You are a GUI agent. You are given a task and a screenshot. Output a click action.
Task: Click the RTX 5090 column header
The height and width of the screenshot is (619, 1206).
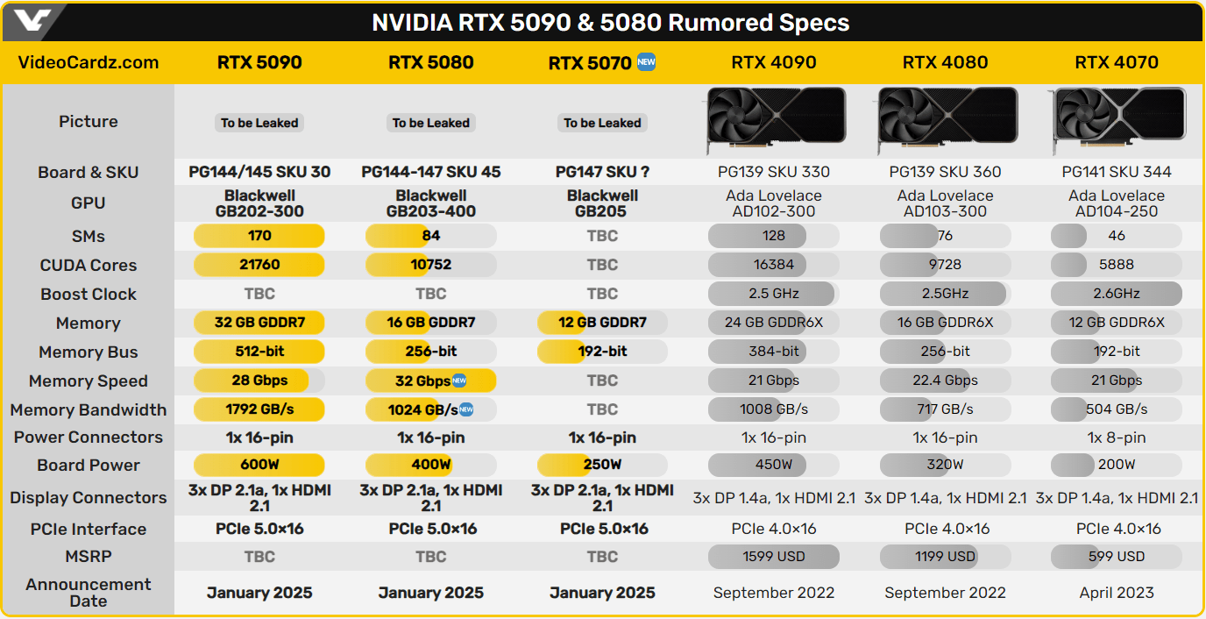259,62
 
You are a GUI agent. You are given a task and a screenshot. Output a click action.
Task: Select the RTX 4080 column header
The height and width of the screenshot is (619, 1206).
945,62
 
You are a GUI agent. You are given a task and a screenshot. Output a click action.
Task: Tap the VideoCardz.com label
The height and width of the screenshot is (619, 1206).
89,62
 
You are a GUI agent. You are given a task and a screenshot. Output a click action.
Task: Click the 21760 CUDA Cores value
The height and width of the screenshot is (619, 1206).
259,265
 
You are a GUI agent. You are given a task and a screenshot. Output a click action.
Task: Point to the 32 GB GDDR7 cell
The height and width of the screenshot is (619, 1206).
259,323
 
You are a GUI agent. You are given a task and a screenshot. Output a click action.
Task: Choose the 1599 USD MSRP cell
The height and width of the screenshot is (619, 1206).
773,556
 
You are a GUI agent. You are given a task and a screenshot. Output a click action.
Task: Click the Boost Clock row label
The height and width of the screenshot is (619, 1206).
89,294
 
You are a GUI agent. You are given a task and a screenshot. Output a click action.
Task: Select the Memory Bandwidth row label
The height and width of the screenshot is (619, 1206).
89,409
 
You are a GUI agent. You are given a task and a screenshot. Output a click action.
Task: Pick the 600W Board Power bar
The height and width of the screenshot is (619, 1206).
259,465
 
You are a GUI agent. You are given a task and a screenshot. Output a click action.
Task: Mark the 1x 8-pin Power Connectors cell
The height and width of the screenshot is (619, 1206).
1117,438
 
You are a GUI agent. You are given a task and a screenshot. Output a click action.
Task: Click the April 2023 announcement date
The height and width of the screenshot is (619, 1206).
1117,593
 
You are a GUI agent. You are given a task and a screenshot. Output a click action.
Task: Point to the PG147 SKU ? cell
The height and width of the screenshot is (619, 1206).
602,172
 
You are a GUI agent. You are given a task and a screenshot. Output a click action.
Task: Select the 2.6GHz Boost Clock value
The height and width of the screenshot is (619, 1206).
1117,294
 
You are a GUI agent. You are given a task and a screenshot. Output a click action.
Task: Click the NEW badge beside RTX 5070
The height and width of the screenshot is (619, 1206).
646,62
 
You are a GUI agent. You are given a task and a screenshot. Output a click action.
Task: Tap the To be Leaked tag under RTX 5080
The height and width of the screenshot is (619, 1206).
431,123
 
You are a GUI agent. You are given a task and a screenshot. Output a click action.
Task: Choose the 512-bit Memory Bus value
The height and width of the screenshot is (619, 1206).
259,352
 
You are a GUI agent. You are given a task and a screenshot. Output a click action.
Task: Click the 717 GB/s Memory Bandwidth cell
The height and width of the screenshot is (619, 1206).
945,409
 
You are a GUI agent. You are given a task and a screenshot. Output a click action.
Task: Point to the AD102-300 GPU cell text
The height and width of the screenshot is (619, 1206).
773,211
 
